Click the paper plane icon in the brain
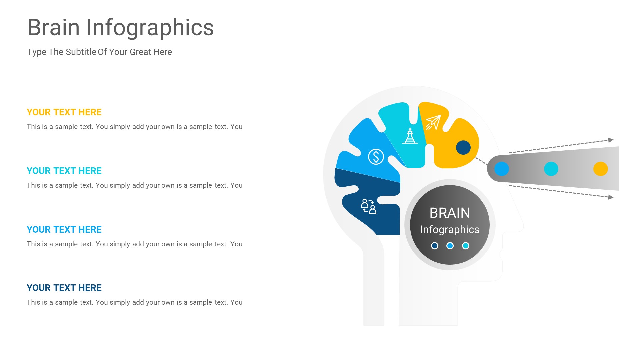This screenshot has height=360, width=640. (x=433, y=122)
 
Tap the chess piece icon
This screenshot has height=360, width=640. (x=410, y=136)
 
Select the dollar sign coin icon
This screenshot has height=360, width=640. (x=376, y=157)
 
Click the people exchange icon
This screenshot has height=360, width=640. (x=369, y=206)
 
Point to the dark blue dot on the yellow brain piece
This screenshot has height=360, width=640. (x=463, y=147)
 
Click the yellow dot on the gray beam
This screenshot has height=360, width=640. (x=600, y=169)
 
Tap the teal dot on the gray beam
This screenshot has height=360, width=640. (x=551, y=169)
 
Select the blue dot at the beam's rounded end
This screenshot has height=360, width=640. (x=501, y=169)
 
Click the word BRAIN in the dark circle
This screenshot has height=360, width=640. (x=450, y=213)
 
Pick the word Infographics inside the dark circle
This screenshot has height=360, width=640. (x=450, y=229)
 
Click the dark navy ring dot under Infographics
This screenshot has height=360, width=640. (x=435, y=246)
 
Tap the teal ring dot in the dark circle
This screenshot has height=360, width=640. (x=466, y=246)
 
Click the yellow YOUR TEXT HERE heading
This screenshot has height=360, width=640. (x=64, y=112)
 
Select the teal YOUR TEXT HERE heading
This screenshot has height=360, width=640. (x=64, y=171)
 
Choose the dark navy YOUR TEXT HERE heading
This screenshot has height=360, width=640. (x=64, y=288)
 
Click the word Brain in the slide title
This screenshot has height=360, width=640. (x=54, y=27)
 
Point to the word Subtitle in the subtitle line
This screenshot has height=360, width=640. (x=81, y=52)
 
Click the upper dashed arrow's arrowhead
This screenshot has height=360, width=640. (x=611, y=140)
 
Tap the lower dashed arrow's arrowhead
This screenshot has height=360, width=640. (x=611, y=197)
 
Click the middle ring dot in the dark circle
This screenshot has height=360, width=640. (x=450, y=246)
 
